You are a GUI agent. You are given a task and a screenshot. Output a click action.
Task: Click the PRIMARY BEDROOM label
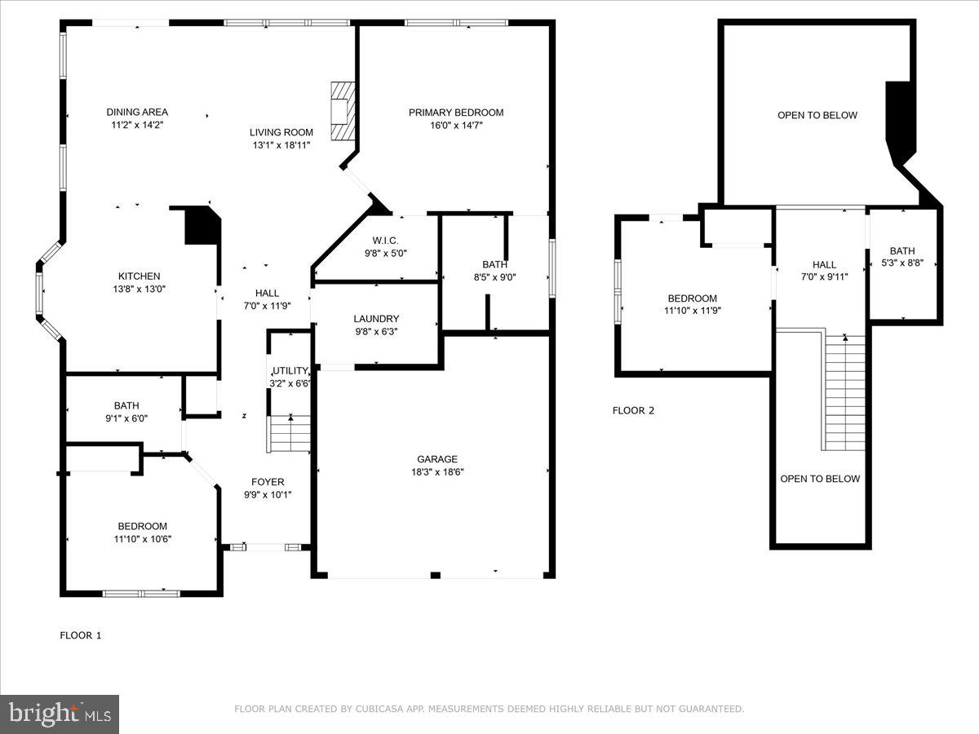456,113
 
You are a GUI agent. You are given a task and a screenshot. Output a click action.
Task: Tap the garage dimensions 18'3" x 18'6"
438,472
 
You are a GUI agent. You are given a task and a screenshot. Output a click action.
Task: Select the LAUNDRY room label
376,319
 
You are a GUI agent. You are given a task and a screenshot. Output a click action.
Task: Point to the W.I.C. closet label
385,241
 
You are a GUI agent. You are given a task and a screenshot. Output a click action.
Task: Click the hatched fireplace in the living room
343,110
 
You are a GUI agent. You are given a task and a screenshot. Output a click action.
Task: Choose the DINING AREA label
137,113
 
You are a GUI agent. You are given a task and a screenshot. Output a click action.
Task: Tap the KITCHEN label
139,276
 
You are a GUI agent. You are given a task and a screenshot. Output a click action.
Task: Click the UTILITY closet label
290,371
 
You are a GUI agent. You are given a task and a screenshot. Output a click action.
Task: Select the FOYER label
268,482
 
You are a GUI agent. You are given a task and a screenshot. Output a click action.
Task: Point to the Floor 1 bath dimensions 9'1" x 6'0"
126,418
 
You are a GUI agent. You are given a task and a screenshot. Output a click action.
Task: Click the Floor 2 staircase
844,391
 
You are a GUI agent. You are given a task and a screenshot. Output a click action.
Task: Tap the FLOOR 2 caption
633,411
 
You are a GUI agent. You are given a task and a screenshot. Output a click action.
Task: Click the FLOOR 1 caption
81,635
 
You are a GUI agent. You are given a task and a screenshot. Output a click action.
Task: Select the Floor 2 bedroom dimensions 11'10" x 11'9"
693,311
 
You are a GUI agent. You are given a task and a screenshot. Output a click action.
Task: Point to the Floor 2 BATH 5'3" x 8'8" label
902,251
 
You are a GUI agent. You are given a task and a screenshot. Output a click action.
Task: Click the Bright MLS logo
60,714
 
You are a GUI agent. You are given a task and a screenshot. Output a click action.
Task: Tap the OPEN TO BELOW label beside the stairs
820,479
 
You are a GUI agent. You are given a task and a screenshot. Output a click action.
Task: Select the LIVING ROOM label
281,132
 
